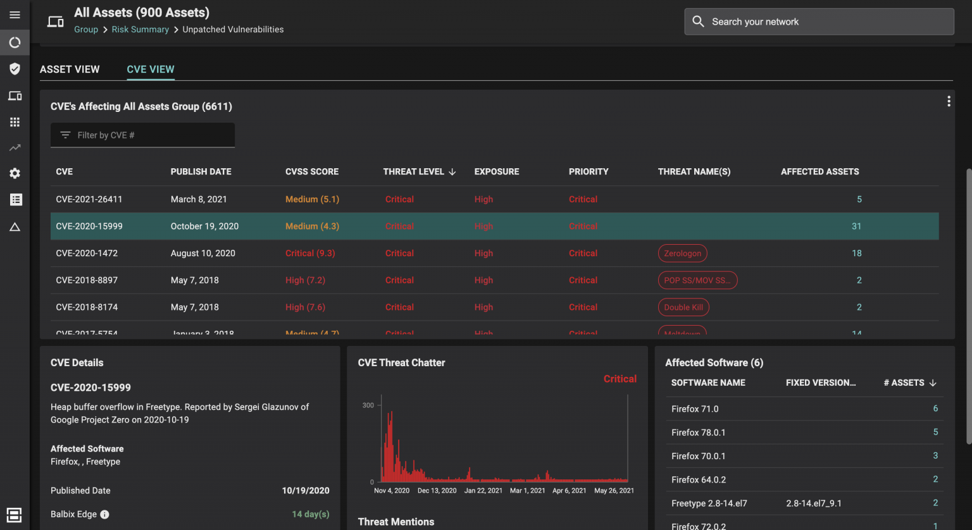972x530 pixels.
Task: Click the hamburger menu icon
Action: click(15, 15)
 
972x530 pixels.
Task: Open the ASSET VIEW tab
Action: click(70, 70)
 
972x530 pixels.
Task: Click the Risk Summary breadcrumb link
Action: click(140, 30)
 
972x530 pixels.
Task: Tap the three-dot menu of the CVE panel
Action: click(949, 101)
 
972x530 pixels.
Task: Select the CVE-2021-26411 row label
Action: click(89, 199)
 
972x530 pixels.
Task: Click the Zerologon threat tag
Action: click(682, 254)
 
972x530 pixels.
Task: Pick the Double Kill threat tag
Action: click(683, 307)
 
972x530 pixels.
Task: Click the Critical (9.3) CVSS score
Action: click(310, 254)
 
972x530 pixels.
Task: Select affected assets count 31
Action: click(856, 226)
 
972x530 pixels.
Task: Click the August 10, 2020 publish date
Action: click(202, 254)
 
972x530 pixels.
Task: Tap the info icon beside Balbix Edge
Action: click(105, 515)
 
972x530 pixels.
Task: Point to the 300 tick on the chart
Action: click(368, 405)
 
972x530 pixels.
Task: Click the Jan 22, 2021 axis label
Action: click(483, 491)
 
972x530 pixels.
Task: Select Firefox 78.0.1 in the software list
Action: click(699, 433)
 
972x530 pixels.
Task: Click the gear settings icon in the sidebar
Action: click(15, 174)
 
